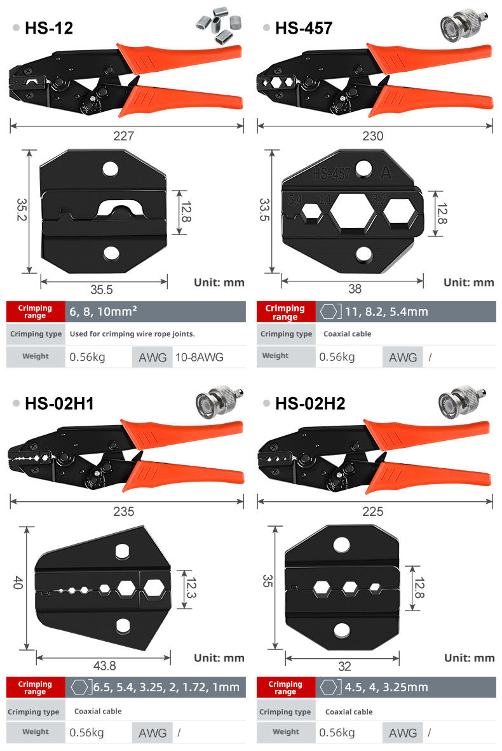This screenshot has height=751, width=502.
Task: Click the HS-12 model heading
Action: [49, 28]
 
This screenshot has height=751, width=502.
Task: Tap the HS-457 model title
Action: [304, 28]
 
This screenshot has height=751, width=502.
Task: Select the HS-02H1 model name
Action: [59, 403]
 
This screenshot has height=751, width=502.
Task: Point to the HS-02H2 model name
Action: [310, 403]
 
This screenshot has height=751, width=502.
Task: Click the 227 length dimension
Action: [123, 136]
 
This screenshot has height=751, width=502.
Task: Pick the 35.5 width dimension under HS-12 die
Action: [102, 290]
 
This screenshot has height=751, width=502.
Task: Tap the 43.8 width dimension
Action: [104, 666]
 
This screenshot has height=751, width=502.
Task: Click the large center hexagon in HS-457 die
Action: [353, 211]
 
